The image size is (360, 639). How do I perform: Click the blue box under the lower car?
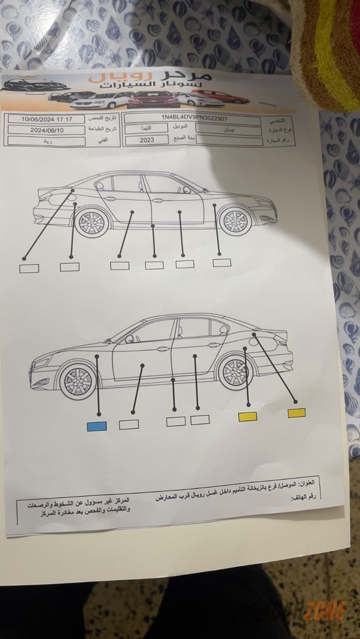coord(97,426)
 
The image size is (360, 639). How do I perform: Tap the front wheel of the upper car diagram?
coord(232,220)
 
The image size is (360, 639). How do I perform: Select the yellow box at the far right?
coord(296,413)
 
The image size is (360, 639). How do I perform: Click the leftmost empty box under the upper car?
coord(29,268)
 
